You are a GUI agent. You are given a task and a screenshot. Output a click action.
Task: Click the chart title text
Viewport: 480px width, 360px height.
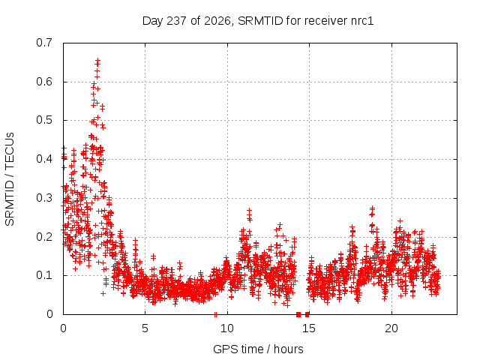pos(258,21)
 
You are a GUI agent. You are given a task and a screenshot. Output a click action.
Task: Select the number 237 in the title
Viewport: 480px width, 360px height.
pos(177,21)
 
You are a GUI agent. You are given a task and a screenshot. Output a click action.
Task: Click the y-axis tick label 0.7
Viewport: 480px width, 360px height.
pos(44,43)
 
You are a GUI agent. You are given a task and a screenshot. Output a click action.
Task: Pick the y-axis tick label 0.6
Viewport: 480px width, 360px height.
pos(44,82)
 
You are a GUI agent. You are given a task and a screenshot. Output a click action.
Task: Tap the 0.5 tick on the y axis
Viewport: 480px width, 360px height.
pos(44,120)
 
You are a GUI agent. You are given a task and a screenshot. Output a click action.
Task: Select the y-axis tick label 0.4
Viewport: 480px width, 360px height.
pos(44,159)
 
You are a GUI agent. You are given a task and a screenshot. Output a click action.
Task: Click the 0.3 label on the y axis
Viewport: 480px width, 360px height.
pos(44,198)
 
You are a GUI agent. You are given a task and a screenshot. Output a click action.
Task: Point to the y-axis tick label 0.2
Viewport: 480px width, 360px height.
pos(44,237)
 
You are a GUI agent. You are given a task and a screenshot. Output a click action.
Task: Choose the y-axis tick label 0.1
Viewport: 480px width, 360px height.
pos(44,275)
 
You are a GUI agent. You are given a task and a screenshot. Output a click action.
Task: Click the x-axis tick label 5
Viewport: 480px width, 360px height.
pos(145,328)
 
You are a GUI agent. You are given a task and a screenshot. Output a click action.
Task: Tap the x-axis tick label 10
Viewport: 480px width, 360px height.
pos(227,328)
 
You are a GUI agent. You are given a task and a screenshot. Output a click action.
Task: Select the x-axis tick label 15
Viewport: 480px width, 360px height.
pos(309,328)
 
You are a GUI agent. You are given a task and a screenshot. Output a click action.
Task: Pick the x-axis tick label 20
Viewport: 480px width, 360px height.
pos(391,328)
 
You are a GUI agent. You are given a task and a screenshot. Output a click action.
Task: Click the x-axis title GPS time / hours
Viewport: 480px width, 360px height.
pos(258,349)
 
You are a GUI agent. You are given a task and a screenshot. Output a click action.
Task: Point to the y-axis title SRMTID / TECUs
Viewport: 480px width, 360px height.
pos(10,179)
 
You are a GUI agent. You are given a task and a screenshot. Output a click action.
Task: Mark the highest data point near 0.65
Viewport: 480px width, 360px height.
pos(98,60)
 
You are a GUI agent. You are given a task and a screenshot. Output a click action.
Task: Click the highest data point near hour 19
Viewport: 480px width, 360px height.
pos(372,208)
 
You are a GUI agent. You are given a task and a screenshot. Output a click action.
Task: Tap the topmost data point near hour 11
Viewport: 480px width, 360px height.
pos(250,210)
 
